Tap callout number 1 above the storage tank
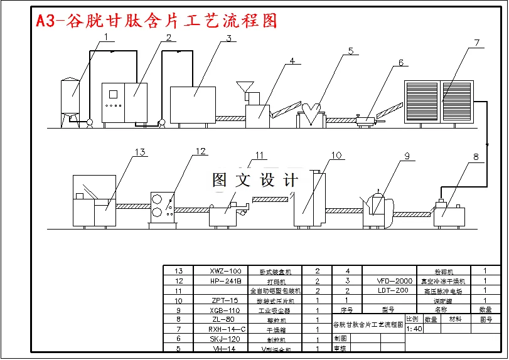point(106,37)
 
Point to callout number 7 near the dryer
point(476,43)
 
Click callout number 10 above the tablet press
point(336,155)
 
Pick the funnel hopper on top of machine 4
point(245,87)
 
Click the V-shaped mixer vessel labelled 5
point(313,114)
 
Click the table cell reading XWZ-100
point(225,272)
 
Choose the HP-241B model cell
point(225,281)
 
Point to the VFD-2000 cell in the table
point(395,281)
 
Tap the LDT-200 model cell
point(395,290)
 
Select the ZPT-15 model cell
point(225,300)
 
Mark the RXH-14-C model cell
point(225,329)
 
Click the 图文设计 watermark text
point(255,181)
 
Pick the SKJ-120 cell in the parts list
point(225,339)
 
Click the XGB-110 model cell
point(225,310)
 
